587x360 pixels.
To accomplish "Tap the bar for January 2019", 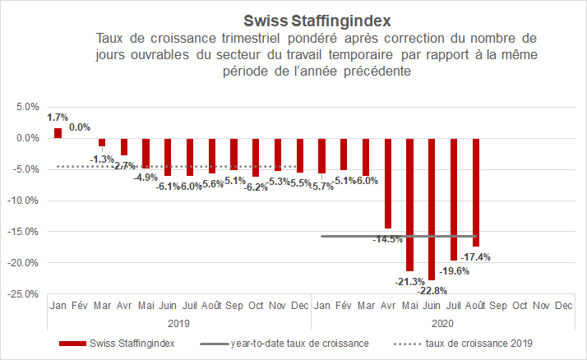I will coord(58,132).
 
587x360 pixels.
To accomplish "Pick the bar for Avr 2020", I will coord(387,182).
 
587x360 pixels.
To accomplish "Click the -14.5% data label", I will coord(387,239).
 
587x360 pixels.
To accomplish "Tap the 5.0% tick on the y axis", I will coord(28,107).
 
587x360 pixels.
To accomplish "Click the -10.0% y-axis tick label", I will coord(25,200).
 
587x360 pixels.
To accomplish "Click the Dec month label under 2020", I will coord(564,306).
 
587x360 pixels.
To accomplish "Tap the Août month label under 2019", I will coord(213,306).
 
